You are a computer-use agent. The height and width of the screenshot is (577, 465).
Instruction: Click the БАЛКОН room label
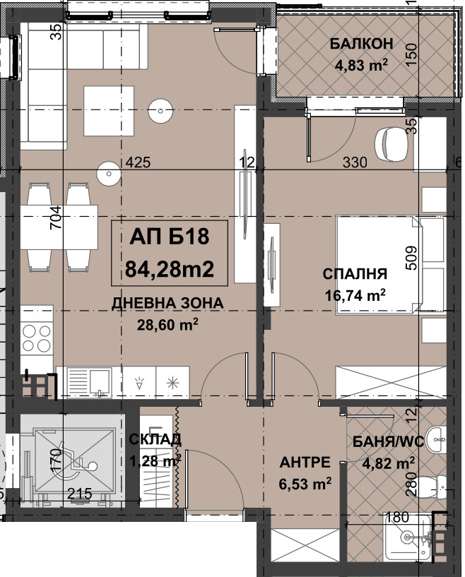click(361, 44)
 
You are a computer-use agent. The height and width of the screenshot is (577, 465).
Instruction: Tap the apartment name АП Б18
click(170, 237)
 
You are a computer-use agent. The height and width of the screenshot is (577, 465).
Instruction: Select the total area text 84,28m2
click(170, 269)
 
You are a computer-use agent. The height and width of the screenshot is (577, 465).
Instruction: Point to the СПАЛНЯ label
click(355, 274)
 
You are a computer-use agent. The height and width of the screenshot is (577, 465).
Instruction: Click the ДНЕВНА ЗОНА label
click(167, 303)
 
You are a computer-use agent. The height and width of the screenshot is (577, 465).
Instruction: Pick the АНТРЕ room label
click(305, 462)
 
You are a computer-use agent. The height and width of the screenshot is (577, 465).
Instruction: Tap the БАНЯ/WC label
click(389, 441)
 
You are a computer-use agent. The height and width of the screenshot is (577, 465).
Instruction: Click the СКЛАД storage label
click(155, 439)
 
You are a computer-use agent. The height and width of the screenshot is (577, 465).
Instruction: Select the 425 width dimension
click(138, 162)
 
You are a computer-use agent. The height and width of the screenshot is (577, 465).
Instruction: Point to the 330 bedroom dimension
click(355, 162)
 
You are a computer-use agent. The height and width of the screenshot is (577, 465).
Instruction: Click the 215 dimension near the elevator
click(80, 494)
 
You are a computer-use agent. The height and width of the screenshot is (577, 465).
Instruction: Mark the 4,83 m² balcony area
click(361, 66)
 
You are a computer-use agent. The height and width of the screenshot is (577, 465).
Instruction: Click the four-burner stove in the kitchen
click(37, 338)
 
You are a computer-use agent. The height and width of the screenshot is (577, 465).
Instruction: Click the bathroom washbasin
click(437, 440)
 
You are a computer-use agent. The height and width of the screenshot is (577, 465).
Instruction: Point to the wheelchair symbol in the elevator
click(76, 461)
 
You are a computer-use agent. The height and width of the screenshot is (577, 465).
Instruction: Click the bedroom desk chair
click(391, 144)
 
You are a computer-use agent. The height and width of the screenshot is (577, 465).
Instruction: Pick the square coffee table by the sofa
click(109, 111)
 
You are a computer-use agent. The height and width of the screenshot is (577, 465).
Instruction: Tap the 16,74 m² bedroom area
click(355, 295)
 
